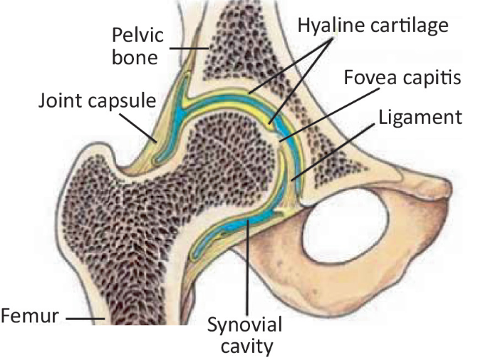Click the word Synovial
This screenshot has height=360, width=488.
[244, 326]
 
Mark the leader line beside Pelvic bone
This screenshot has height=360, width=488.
[188, 48]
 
